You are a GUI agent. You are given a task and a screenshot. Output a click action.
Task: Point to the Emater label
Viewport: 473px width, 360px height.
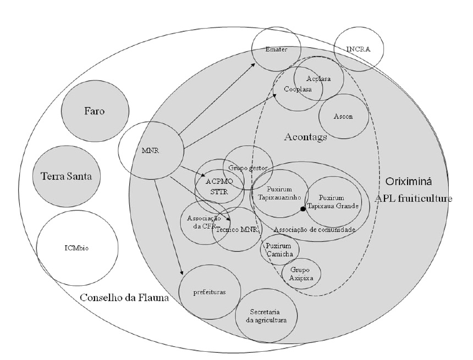click(x=277, y=49)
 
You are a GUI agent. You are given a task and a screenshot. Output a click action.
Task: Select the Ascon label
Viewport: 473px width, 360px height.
click(x=343, y=117)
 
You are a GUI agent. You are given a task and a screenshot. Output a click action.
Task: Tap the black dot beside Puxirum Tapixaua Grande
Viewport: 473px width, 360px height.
click(x=302, y=209)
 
